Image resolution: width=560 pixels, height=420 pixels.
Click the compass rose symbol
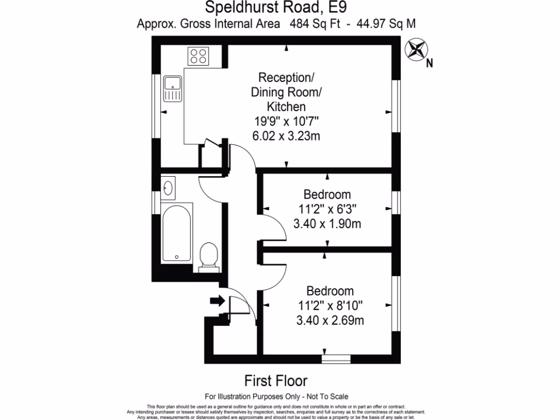point(416,50)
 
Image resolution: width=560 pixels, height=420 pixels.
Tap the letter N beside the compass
point(429,63)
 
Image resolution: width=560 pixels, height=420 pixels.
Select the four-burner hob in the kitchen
point(199,56)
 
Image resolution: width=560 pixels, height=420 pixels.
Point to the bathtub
point(177,232)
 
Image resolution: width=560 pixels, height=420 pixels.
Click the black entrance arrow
point(217,300)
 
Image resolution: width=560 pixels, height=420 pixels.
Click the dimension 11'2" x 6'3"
point(327,209)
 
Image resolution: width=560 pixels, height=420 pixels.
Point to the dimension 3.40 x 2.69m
point(329,320)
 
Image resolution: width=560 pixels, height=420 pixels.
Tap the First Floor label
point(276,381)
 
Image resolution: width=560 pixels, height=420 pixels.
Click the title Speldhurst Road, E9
point(276,8)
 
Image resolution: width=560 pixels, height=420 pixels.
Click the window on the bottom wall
point(335,359)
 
